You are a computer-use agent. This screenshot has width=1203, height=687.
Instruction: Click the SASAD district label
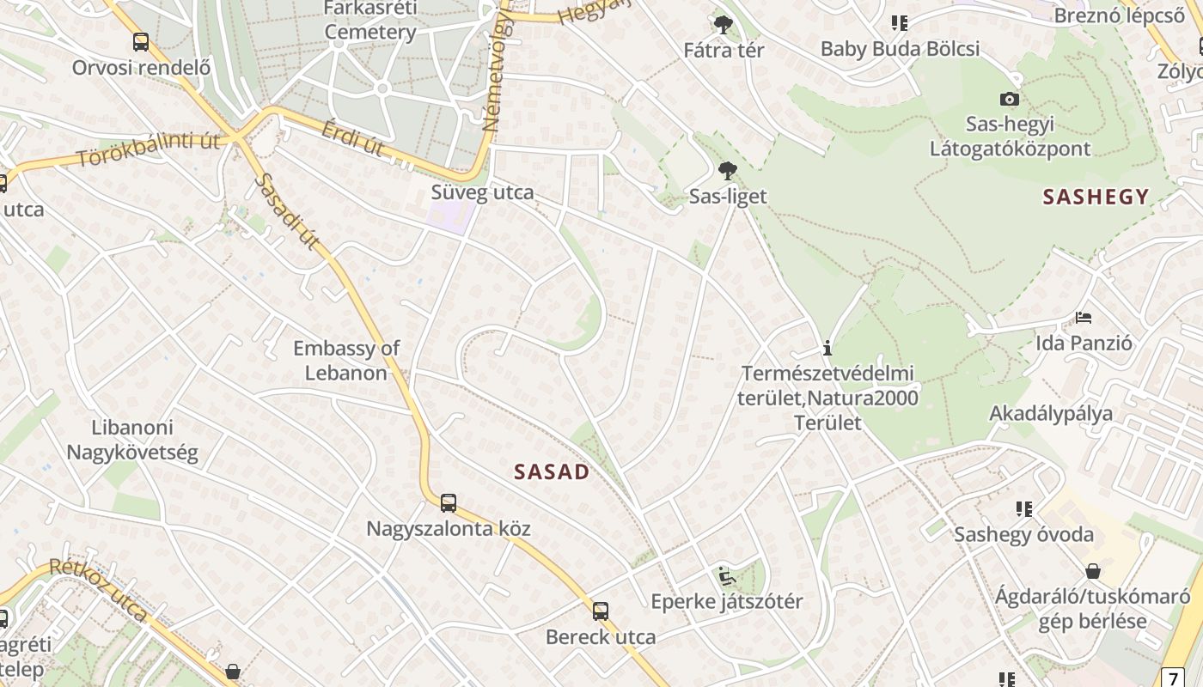coord(552,471)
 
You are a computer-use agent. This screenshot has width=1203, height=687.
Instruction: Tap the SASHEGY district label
coord(1096,197)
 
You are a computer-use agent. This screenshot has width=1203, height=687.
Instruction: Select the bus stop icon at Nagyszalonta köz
coord(448,503)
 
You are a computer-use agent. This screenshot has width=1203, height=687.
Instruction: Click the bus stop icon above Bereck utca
coord(601,611)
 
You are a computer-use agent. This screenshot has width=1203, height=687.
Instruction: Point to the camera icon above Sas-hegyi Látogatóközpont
coord(1010,100)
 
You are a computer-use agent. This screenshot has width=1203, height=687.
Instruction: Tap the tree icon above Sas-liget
coord(727,171)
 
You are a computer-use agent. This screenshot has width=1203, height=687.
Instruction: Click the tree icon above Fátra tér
coord(724,25)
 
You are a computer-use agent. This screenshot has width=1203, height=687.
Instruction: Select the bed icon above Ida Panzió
coord(1084,318)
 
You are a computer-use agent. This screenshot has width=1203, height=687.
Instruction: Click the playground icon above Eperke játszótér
coord(726,575)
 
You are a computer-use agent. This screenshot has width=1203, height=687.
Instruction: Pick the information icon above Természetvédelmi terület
coord(827,348)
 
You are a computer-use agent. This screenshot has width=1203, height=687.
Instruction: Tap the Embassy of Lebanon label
coord(346,361)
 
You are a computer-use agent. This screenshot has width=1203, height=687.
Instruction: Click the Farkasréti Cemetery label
coord(370,21)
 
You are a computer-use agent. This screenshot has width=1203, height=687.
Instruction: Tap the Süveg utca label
coord(482,192)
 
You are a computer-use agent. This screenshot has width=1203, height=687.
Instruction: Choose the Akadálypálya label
coord(1051,413)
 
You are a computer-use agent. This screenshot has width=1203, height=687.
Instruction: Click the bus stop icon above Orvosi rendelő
coord(140,42)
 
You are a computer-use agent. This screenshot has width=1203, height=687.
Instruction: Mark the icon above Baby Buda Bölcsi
coord(900,23)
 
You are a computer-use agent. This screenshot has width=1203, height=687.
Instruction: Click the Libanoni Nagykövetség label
coord(132,440)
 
